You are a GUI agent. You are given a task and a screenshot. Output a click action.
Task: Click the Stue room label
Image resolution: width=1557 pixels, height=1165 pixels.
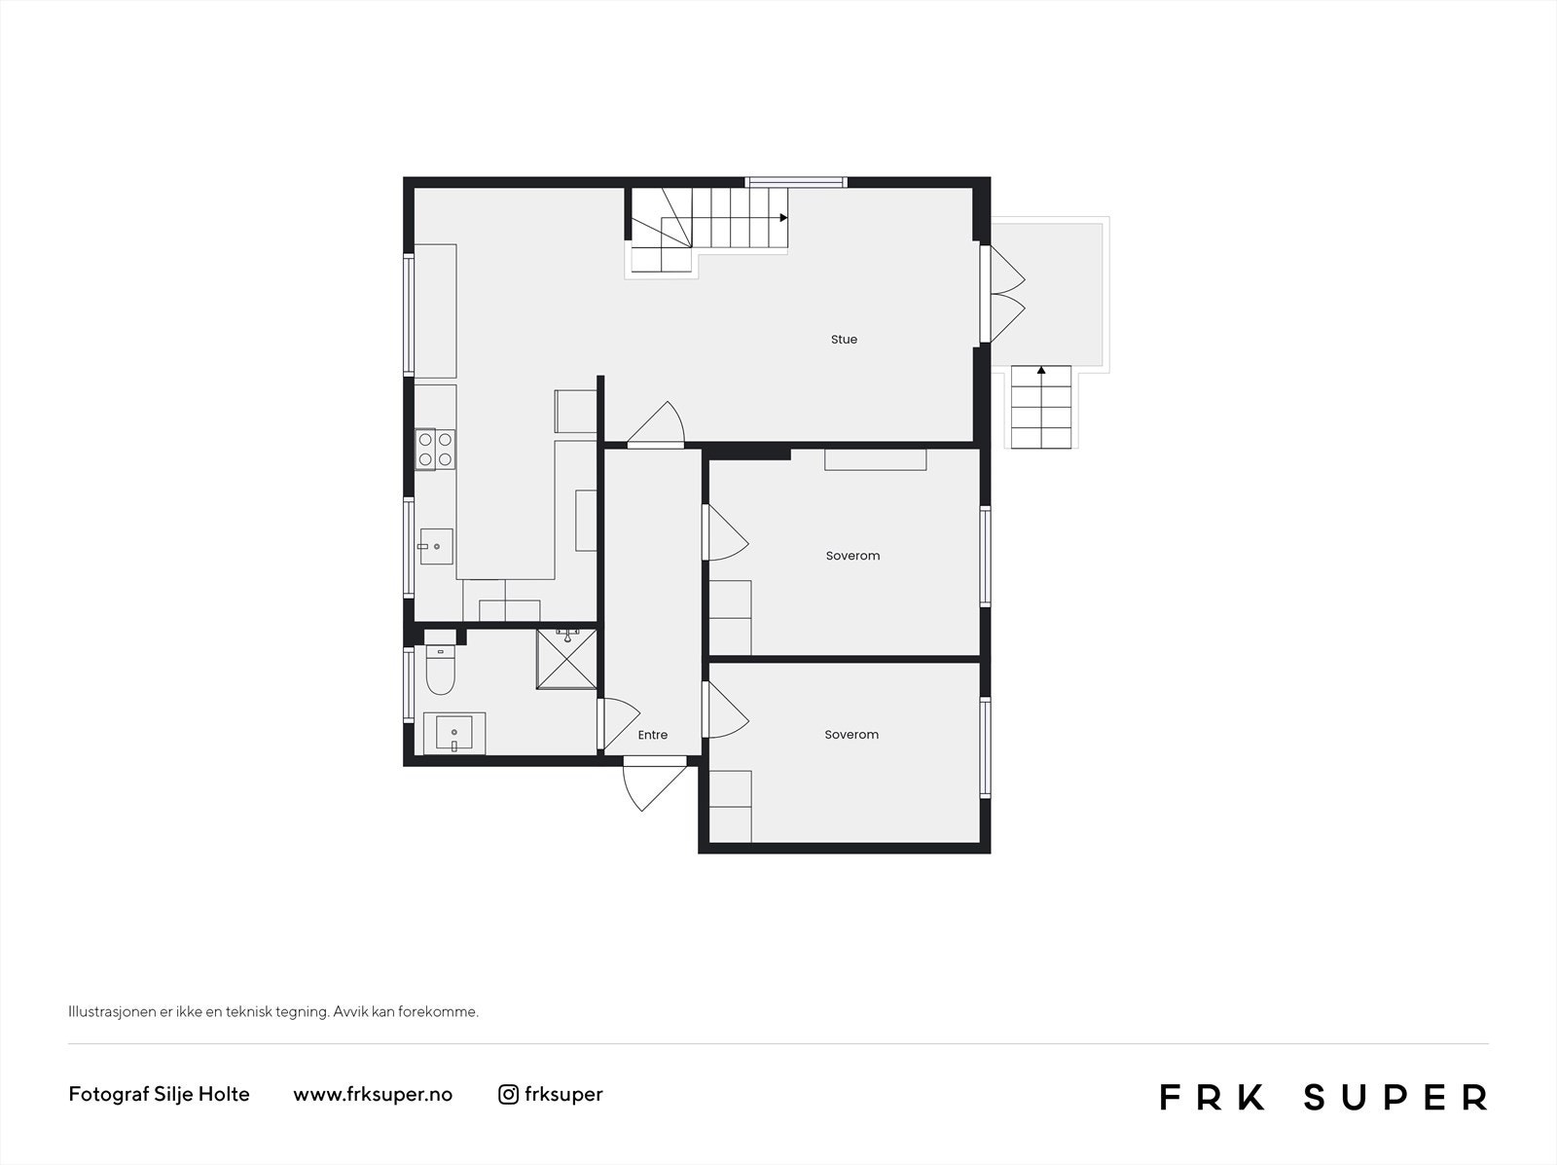844,340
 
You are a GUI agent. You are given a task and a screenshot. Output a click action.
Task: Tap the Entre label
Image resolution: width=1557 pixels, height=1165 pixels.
653,735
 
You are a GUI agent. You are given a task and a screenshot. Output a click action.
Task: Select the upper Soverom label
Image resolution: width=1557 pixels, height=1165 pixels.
852,556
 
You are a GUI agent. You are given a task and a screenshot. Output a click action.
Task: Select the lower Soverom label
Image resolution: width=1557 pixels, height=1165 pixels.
851,735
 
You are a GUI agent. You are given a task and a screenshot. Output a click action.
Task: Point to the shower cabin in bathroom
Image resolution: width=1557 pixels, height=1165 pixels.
566,660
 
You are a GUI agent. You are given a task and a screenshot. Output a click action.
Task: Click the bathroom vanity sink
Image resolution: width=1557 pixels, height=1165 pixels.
454,732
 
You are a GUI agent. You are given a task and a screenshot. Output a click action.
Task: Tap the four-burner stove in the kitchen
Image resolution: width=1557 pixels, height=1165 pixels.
435,450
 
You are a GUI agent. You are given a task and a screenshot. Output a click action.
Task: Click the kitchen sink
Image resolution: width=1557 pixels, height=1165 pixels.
436,546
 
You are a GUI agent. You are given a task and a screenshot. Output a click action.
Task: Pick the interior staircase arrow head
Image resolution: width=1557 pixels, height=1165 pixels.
783,218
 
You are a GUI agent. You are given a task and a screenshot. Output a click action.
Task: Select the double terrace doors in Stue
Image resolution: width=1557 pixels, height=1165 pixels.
1005,294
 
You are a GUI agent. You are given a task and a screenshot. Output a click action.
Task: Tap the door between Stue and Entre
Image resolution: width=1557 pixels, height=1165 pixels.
657,426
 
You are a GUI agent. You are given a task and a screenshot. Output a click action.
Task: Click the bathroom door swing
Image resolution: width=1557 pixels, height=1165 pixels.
620,722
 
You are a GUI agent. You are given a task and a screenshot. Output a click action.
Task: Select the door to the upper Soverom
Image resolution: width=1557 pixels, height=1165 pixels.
724,533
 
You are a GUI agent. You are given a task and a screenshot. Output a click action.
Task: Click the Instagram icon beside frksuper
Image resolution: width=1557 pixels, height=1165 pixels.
508,1094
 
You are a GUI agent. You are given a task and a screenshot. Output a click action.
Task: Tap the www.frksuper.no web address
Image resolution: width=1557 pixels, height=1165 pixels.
373,1094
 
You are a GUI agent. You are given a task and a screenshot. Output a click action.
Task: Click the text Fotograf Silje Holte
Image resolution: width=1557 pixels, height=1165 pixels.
159,1094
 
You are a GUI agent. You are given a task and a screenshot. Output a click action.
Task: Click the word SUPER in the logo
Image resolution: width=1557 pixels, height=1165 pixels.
1394,1097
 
